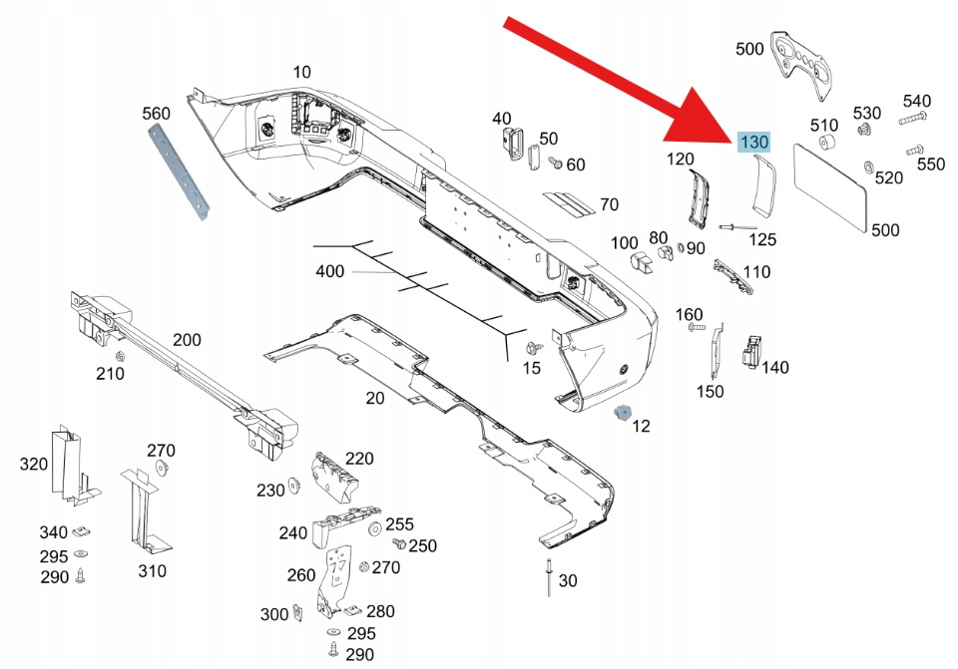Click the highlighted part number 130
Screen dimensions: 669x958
click(x=753, y=143)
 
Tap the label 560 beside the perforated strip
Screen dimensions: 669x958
click(x=157, y=114)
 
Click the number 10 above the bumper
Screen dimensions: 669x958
click(x=301, y=72)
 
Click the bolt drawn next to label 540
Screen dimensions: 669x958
click(x=911, y=119)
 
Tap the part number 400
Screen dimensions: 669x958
click(x=329, y=271)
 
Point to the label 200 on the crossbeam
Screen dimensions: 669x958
click(x=187, y=340)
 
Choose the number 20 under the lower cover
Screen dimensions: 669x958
click(x=374, y=398)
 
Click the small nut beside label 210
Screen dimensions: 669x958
click(x=120, y=357)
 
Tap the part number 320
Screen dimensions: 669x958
click(x=33, y=464)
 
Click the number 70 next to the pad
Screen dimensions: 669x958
click(x=609, y=205)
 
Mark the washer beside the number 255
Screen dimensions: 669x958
click(x=374, y=526)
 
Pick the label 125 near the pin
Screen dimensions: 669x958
click(x=762, y=239)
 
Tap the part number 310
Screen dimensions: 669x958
click(x=152, y=571)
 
